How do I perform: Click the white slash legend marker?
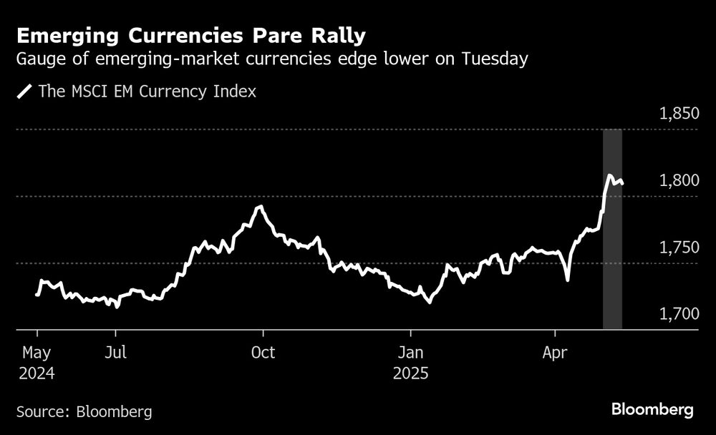tap(24, 92)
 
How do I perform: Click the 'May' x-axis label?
tap(37, 353)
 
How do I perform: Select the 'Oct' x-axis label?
tap(263, 353)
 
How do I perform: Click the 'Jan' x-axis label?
tap(411, 353)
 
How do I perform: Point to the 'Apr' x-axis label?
tap(556, 353)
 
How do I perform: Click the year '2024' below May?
tap(37, 373)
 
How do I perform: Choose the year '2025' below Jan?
tap(411, 373)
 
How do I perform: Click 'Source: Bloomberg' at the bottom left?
tap(84, 411)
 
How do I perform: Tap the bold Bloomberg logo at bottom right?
tap(652, 410)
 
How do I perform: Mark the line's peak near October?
tap(261, 207)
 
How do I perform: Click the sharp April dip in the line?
tap(567, 279)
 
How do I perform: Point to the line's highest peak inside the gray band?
tap(609, 175)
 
